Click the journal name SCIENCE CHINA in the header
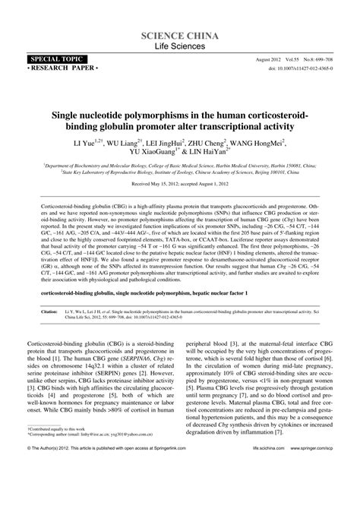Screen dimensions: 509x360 pos(180,36)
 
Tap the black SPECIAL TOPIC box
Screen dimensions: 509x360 pos(55,58)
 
